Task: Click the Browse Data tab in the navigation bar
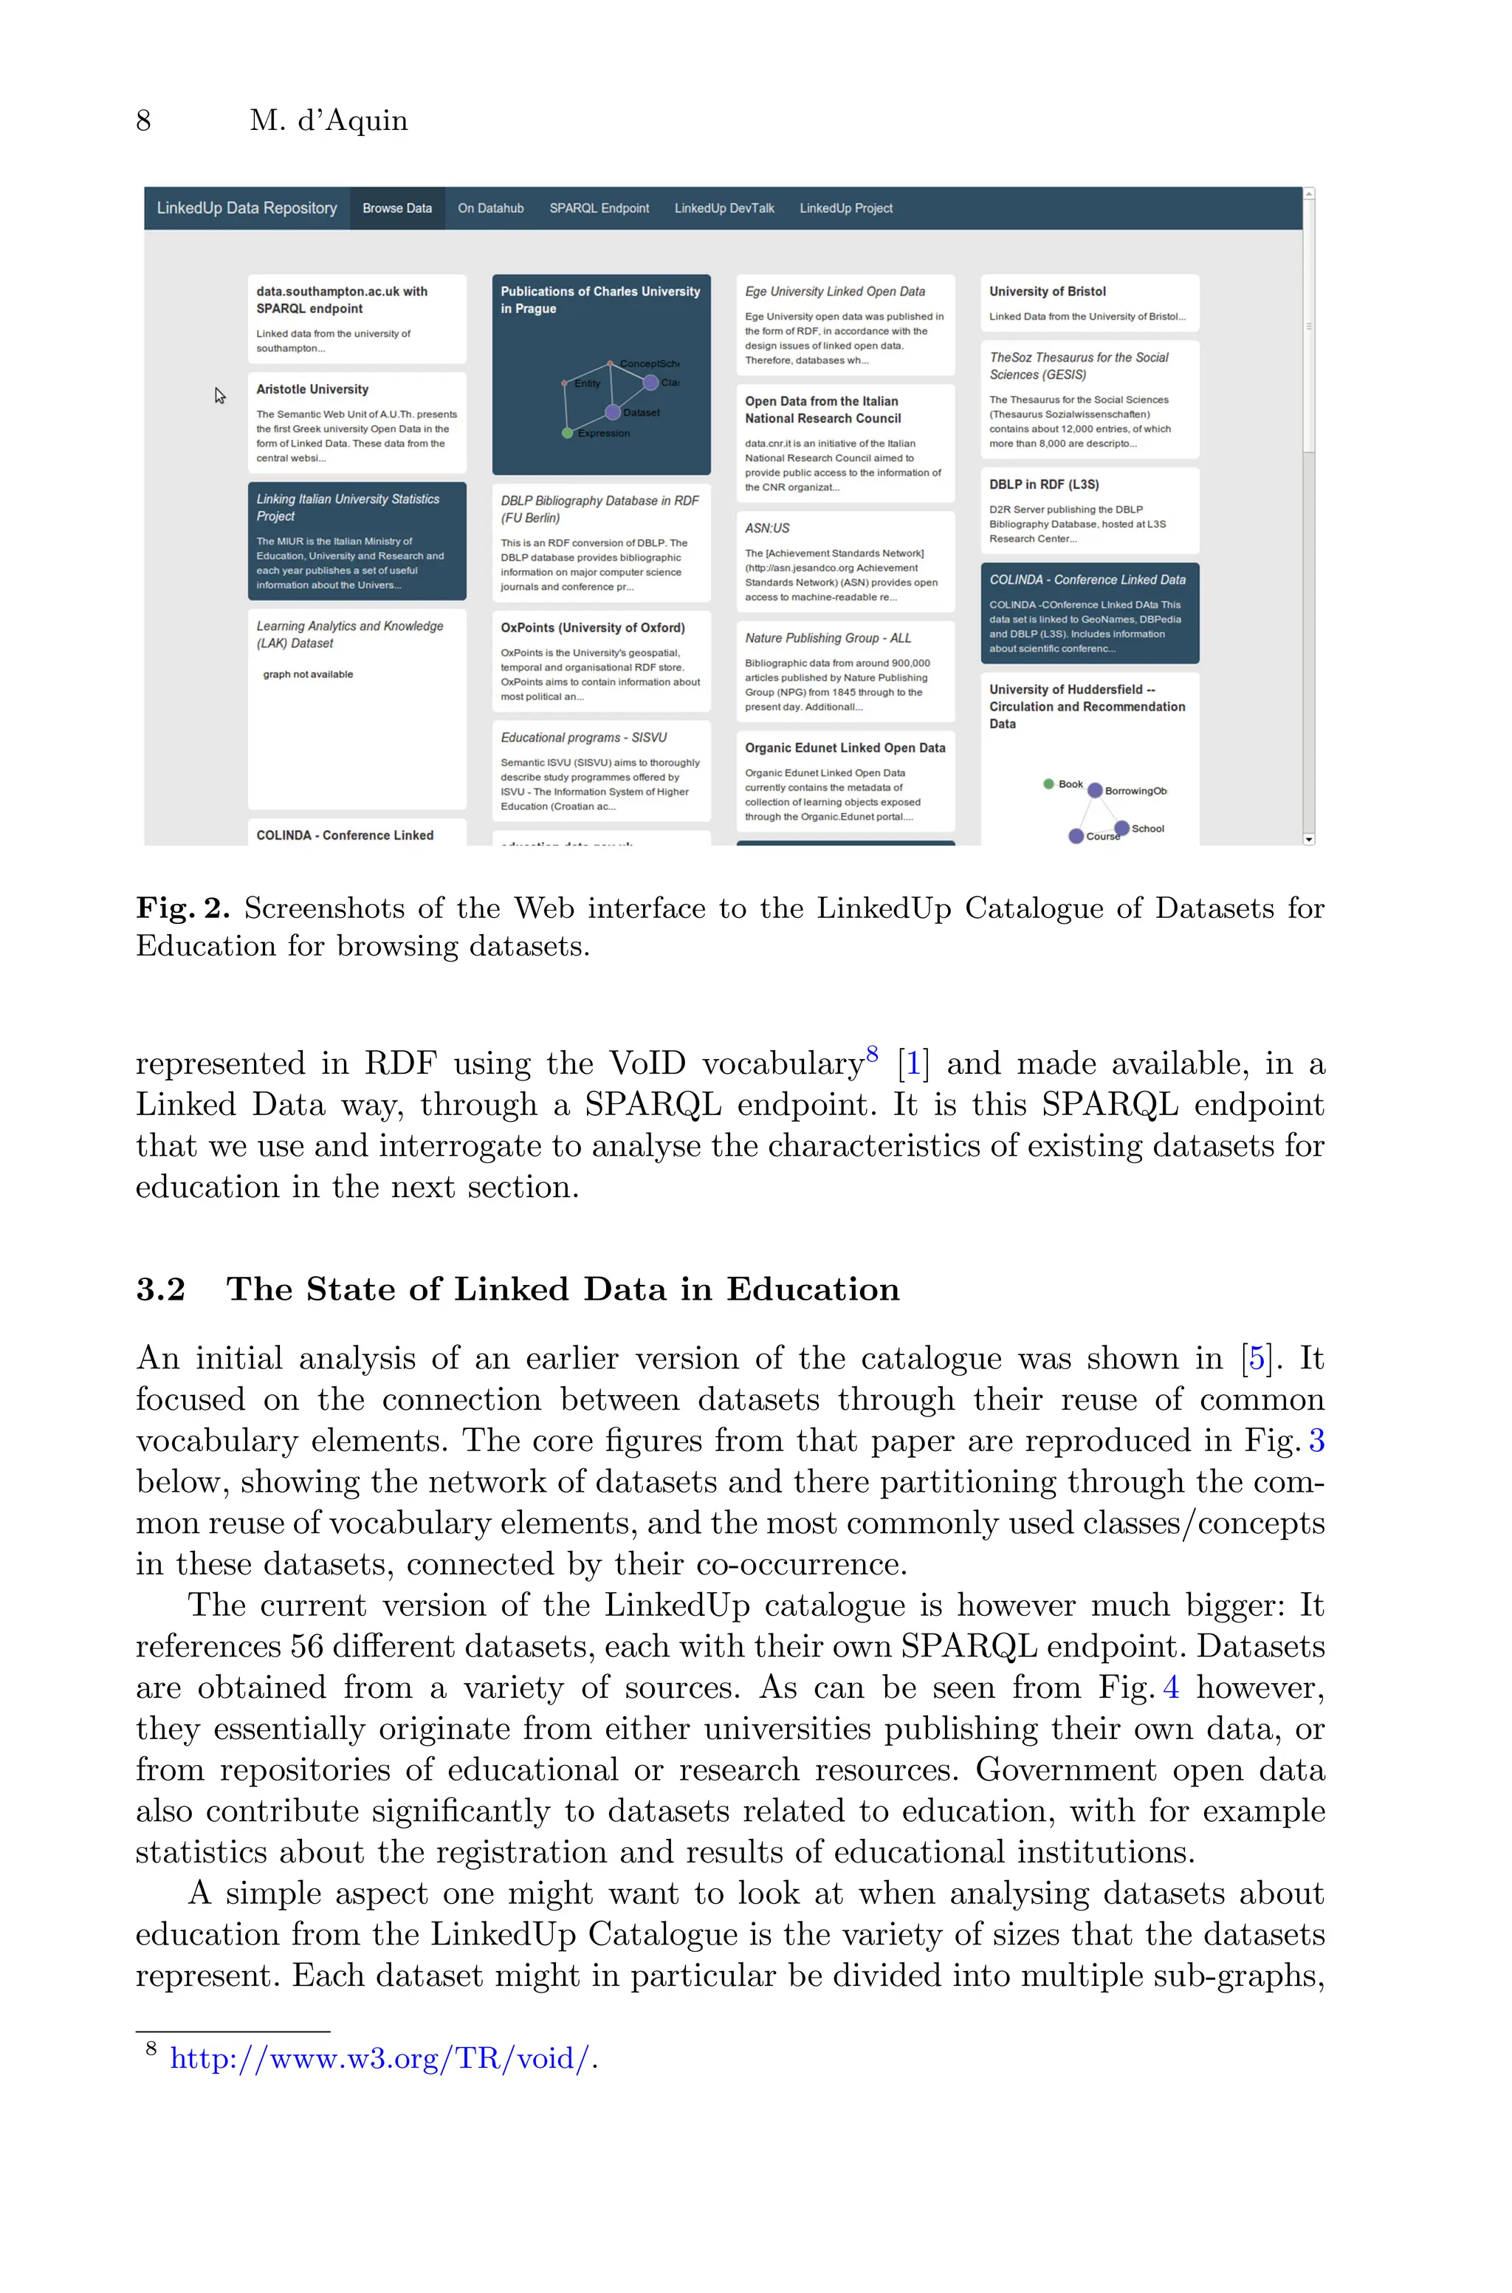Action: coord(396,208)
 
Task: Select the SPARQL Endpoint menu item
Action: coord(599,208)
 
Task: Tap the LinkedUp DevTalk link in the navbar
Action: coord(724,208)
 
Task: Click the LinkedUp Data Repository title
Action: coord(247,208)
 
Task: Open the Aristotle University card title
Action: coord(312,390)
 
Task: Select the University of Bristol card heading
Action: coord(1047,291)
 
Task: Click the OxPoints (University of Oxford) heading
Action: coord(592,628)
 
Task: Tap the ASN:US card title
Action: coord(766,529)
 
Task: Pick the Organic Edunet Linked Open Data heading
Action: coord(845,748)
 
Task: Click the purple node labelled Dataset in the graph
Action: coord(612,413)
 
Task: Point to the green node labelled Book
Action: coord(1048,784)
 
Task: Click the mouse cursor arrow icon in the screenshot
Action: coord(220,395)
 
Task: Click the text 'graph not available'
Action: coord(308,674)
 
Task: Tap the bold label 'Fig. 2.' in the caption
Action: coord(182,908)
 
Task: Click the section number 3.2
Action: coord(160,1289)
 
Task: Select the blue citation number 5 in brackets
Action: coord(1257,1359)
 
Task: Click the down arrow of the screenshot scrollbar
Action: coord(1308,839)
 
